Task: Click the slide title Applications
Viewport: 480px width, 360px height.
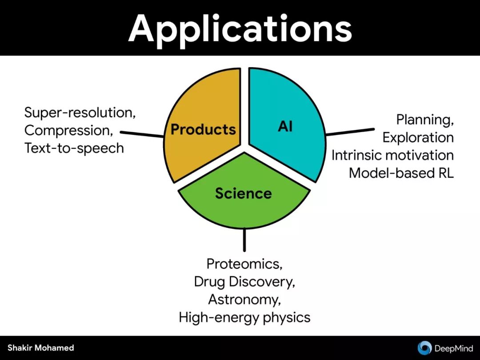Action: pos(240,28)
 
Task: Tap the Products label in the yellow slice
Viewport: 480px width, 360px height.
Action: pos(203,129)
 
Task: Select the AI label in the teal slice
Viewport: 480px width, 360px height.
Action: pos(285,127)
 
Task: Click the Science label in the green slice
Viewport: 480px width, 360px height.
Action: pos(243,193)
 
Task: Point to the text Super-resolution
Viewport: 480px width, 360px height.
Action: pos(80,112)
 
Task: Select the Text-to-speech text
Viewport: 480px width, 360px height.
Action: pos(74,148)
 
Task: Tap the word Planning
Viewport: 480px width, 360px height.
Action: pos(424,120)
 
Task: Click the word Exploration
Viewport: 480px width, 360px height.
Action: pos(418,137)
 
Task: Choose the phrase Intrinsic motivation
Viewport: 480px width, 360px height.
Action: pos(392,155)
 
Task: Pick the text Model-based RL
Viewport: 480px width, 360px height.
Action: pos(401,173)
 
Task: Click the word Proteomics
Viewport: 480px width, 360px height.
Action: pos(244,264)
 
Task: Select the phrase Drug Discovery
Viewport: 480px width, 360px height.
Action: pos(244,281)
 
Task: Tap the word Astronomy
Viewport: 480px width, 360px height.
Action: pos(244,299)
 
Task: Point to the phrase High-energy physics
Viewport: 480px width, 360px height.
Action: pos(244,317)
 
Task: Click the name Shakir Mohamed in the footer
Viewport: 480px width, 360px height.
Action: pos(41,348)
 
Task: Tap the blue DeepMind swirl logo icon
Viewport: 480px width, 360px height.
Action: pos(424,348)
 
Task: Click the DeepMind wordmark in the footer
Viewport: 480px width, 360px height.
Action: pos(453,348)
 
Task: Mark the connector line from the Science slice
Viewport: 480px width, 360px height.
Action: pos(244,240)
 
